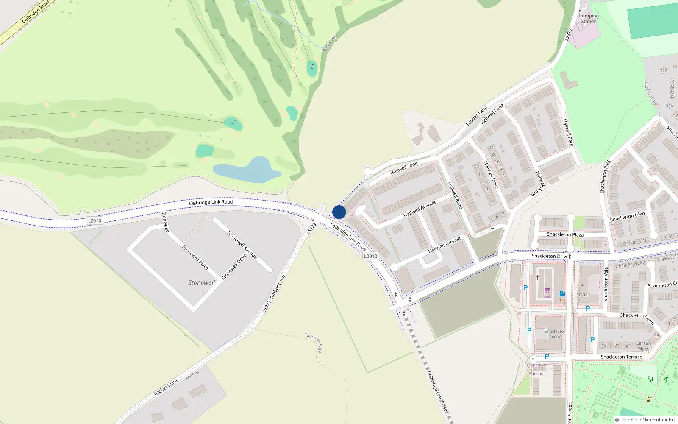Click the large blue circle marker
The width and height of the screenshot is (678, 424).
pos(339,212)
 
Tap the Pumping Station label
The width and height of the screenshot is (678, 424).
pos(589,19)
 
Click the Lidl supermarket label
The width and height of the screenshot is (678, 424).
pos(547,297)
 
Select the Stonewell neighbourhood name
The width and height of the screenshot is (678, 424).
pos(202,282)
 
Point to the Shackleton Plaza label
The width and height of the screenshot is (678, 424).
pos(565,234)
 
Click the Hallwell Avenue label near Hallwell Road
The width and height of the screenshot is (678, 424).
pos(420,209)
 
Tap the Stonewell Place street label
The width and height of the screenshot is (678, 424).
pos(195,257)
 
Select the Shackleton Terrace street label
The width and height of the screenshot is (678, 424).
pos(621,357)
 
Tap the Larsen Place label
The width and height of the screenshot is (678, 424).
pos(643,346)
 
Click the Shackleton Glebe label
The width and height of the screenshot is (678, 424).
pos(555,334)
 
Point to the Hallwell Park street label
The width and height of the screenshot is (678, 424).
pos(568,132)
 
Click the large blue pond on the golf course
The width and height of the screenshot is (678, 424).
pos(248,170)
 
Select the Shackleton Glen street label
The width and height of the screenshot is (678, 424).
pos(627,217)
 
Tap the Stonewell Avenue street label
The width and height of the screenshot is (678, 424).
pos(242,245)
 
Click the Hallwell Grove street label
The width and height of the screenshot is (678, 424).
pos(539,183)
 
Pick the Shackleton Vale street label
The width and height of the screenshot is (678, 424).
pos(606,284)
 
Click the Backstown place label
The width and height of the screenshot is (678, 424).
pos(330,43)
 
